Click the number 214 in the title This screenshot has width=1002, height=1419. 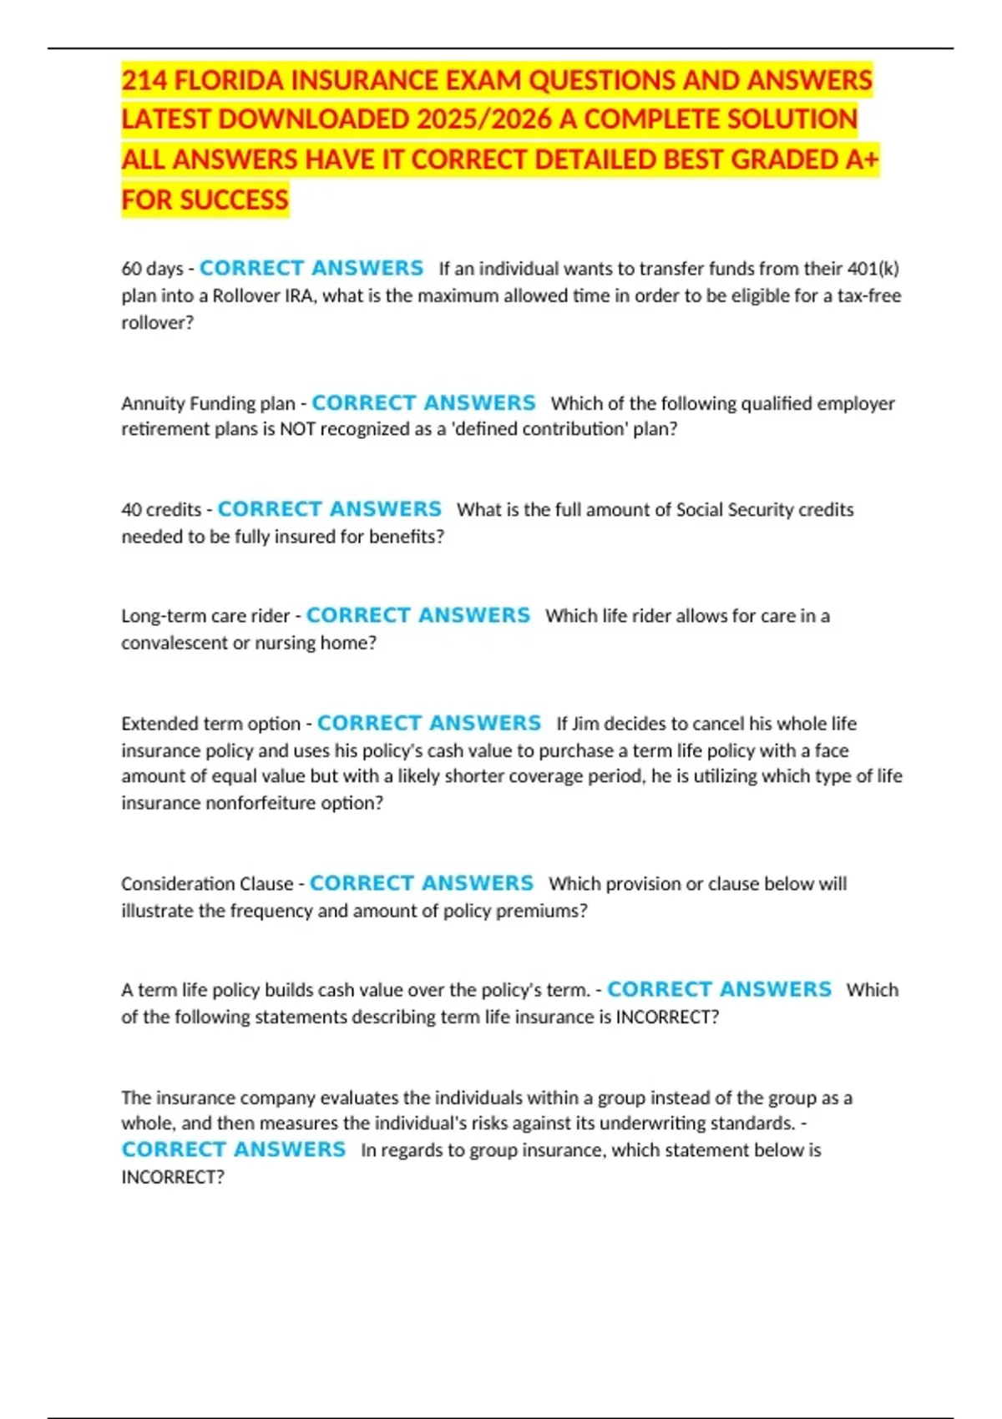click(x=144, y=81)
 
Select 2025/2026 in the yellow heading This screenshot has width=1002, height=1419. click(x=484, y=120)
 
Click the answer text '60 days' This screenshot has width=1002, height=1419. click(x=152, y=269)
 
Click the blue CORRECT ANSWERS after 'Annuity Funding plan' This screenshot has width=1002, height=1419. click(x=423, y=403)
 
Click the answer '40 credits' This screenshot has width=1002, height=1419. click(x=161, y=509)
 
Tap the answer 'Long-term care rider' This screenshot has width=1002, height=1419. click(x=205, y=616)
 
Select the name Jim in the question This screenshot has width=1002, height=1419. click(x=585, y=724)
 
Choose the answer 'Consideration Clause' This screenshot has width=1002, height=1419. click(x=207, y=884)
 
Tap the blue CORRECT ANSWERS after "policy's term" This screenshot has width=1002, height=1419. click(x=719, y=990)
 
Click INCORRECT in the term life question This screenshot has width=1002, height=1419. click(x=667, y=1017)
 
